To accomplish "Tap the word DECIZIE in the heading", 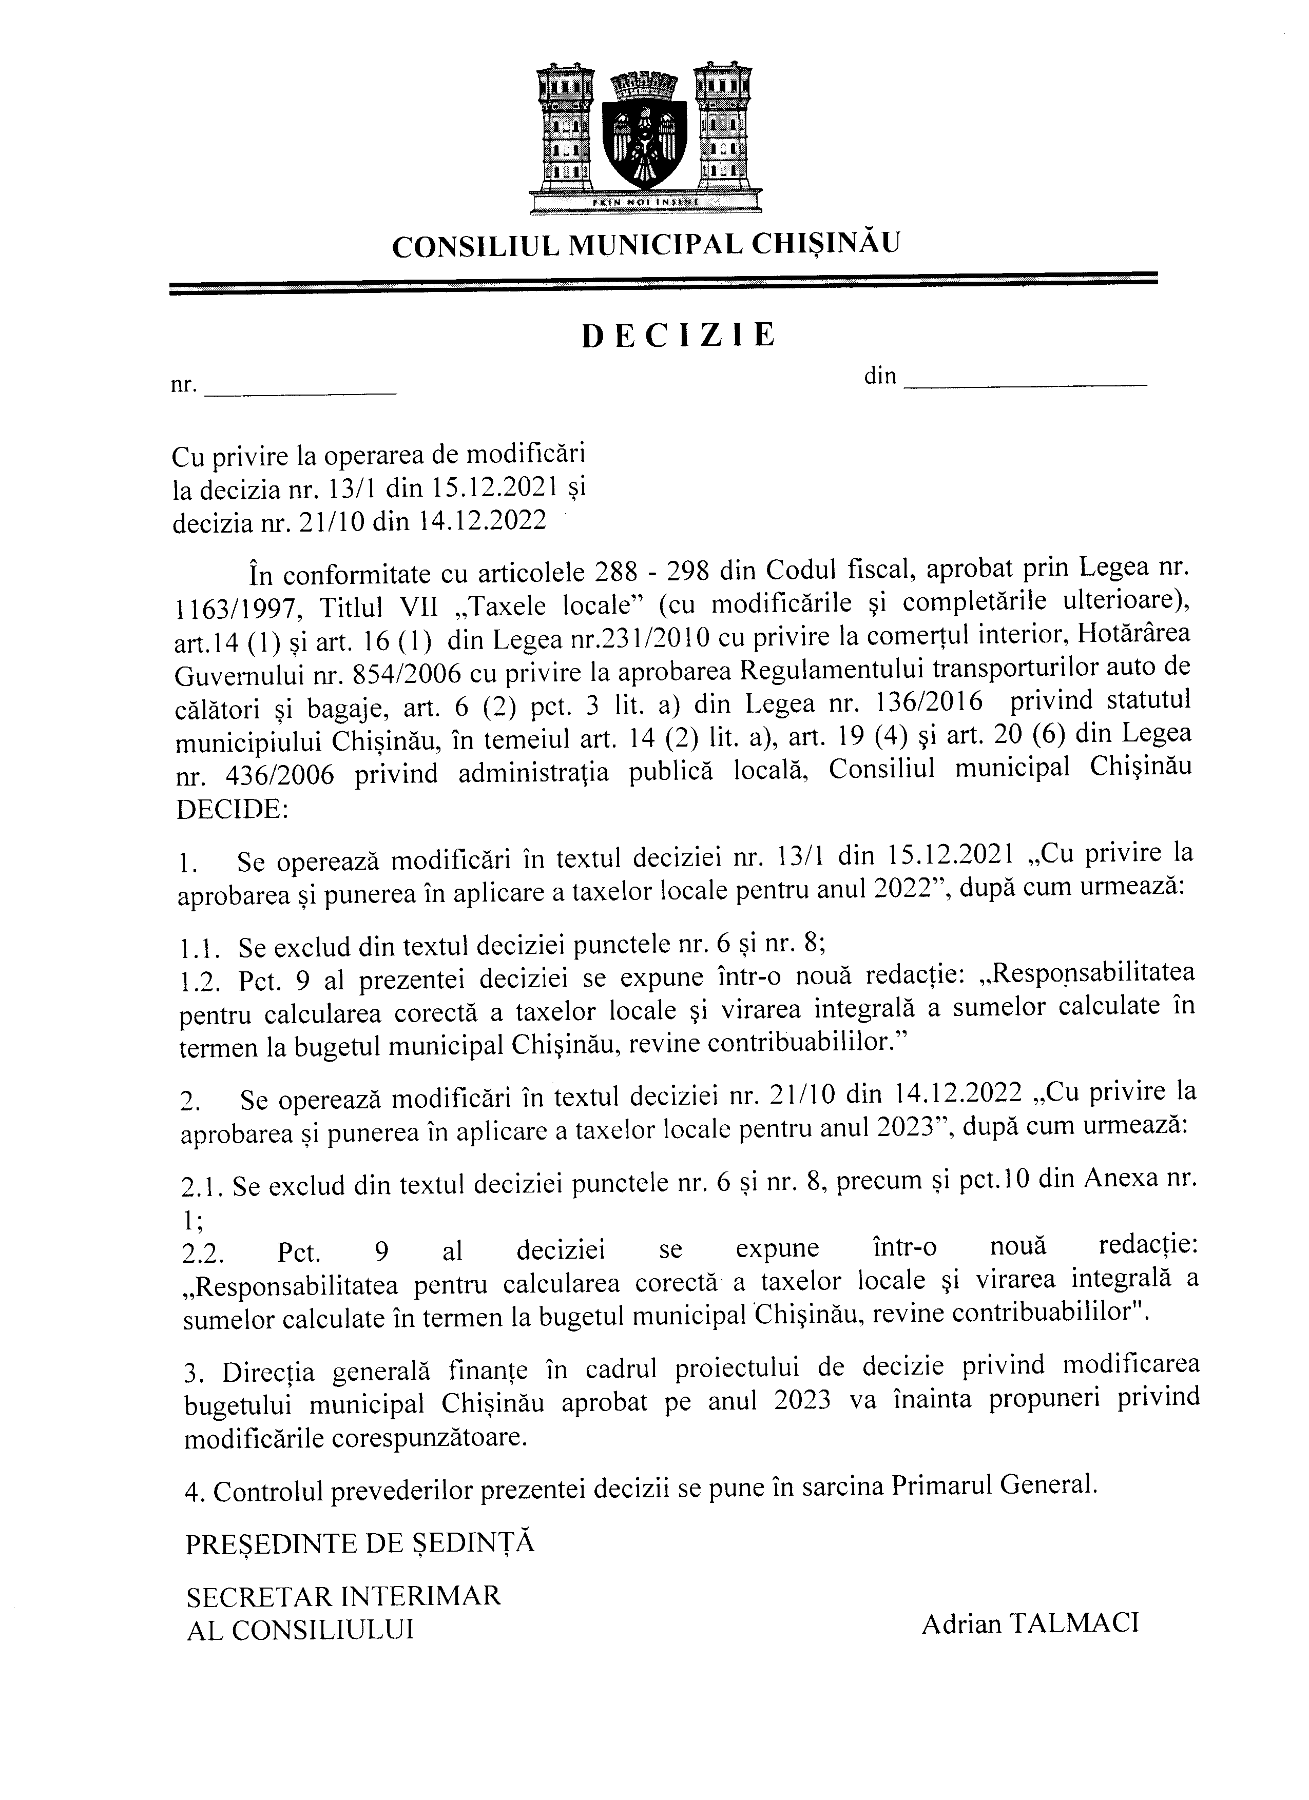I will (x=679, y=337).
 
